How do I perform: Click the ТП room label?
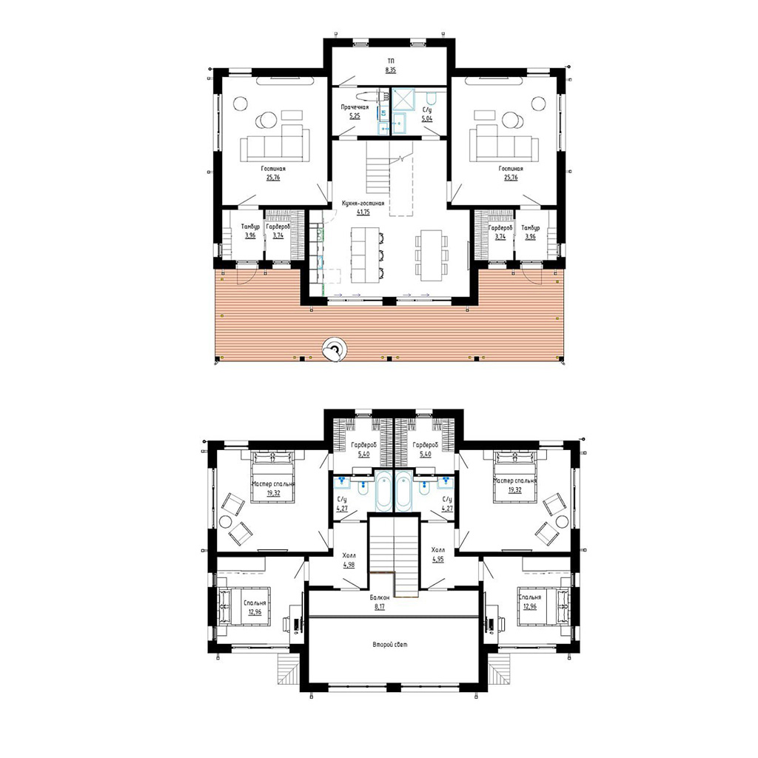(390, 61)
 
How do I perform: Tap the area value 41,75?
(363, 212)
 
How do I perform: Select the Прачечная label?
(355, 107)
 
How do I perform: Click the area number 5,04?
(427, 118)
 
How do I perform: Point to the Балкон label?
(380, 597)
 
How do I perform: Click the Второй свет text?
(390, 645)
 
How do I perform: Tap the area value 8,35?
(390, 70)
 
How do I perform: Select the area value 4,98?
(349, 565)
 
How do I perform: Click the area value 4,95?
(438, 560)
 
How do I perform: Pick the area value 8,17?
(380, 607)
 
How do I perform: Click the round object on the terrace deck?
(335, 349)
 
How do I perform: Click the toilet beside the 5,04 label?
(433, 99)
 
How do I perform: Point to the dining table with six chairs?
(432, 255)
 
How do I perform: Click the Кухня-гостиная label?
(363, 204)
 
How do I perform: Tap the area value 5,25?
(355, 116)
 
